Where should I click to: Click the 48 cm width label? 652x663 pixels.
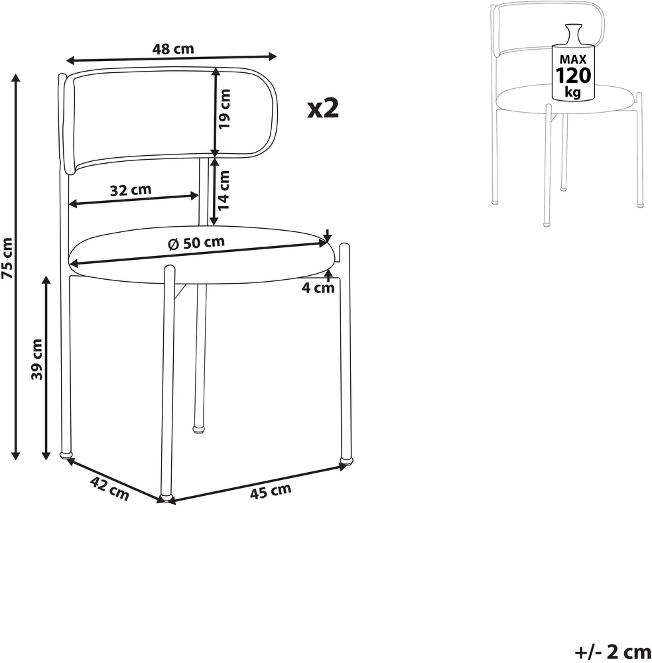173,48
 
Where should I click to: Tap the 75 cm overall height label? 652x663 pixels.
8,258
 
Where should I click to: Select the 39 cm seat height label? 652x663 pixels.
37,359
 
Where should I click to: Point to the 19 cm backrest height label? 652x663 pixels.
224,109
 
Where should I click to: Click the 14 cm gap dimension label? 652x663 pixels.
224,190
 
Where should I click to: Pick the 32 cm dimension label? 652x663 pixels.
131,190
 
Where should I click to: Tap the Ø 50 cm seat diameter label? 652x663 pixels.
196,243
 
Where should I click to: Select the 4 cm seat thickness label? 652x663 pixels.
318,288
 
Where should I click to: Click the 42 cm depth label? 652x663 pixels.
109,489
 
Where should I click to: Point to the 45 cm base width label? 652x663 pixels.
271,491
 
